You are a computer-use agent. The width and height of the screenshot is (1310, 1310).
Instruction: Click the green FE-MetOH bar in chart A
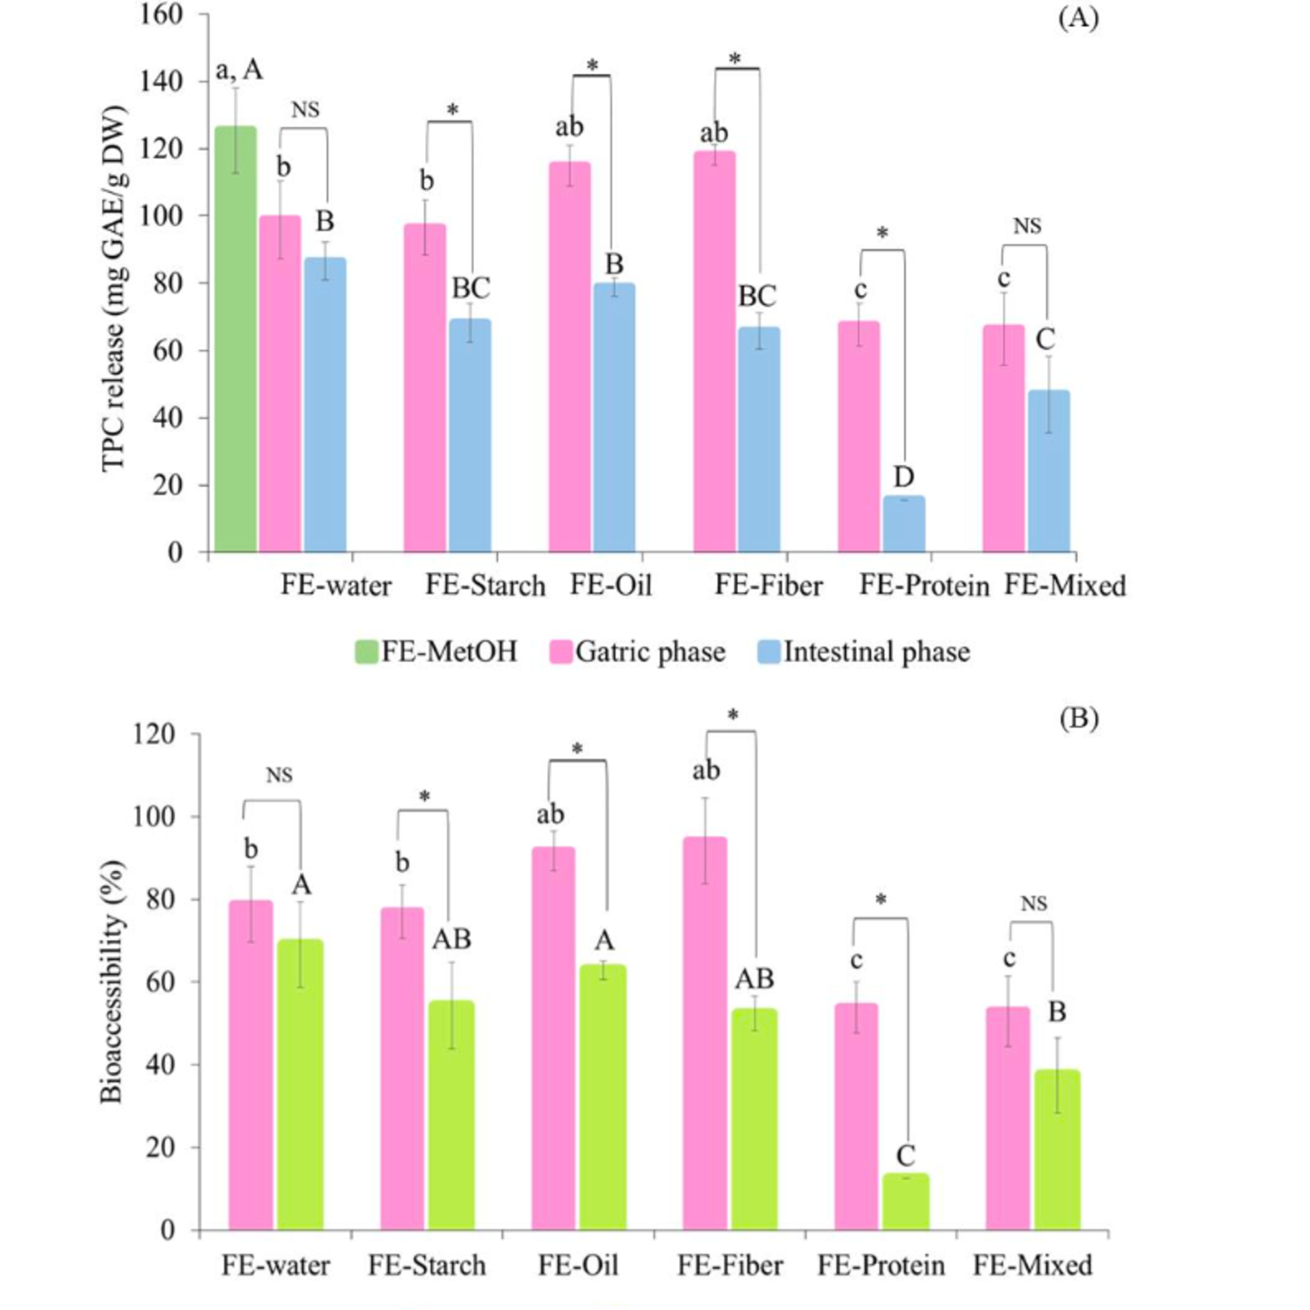[235, 339]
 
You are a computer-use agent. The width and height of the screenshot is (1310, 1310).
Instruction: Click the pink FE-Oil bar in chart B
[553, 1038]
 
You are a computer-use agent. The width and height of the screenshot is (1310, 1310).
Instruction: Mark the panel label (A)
[1078, 17]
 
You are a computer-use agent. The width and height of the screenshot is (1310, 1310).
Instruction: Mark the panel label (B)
[1078, 719]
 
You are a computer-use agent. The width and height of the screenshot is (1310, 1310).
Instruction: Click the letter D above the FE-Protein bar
[903, 477]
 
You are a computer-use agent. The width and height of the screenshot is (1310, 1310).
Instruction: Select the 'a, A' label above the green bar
[239, 70]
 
